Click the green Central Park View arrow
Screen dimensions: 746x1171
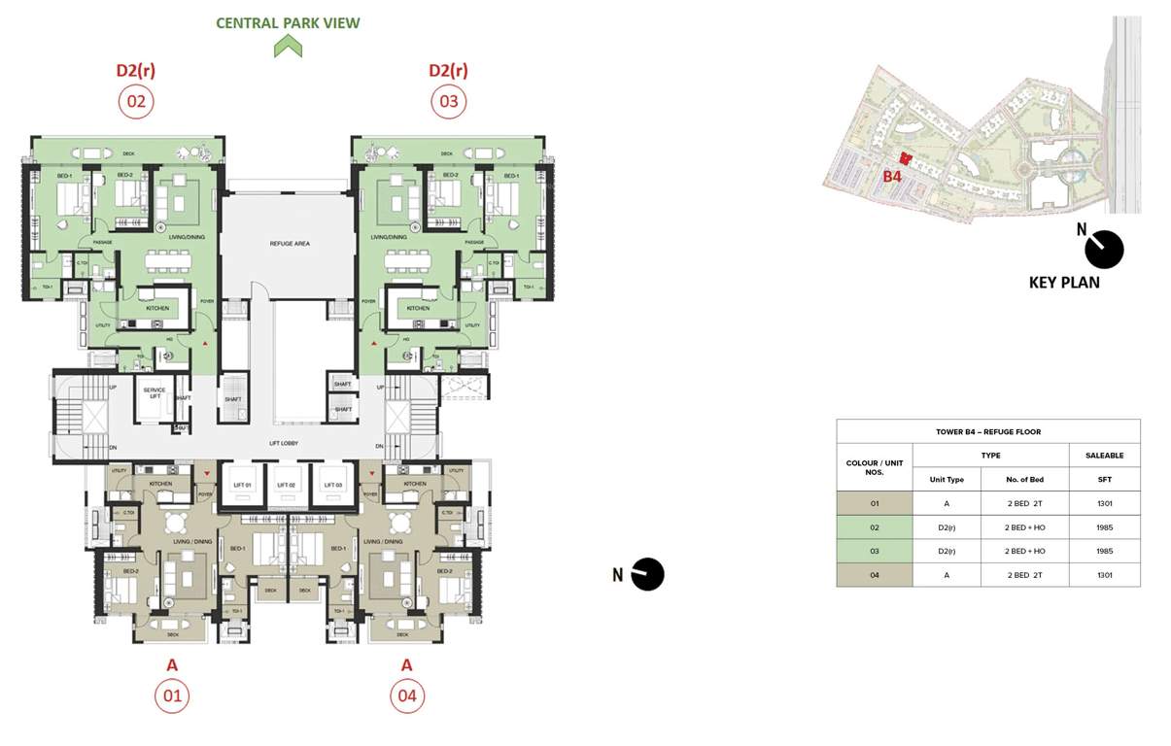point(288,46)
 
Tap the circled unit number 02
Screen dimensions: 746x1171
point(136,101)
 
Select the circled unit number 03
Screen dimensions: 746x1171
point(448,101)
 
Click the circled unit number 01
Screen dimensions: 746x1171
point(172,695)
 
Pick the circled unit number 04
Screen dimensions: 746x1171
point(407,695)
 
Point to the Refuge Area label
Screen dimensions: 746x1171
point(289,244)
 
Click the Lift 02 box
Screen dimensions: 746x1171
point(287,485)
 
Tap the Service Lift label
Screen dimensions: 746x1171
point(154,393)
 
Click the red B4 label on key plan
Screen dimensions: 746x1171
point(892,177)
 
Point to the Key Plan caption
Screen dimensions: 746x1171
point(1064,283)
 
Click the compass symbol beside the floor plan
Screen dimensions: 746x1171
point(647,574)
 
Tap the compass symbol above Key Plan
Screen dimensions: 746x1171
point(1104,250)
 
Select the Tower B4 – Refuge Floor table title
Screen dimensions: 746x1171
point(987,431)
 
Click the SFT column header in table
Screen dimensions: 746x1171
point(1104,479)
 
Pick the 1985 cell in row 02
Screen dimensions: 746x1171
point(1104,527)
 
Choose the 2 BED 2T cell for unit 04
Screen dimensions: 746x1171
point(1024,575)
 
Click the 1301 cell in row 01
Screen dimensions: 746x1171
point(1104,503)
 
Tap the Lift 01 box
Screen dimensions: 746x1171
point(241,485)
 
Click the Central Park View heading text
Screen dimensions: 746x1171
point(288,22)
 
